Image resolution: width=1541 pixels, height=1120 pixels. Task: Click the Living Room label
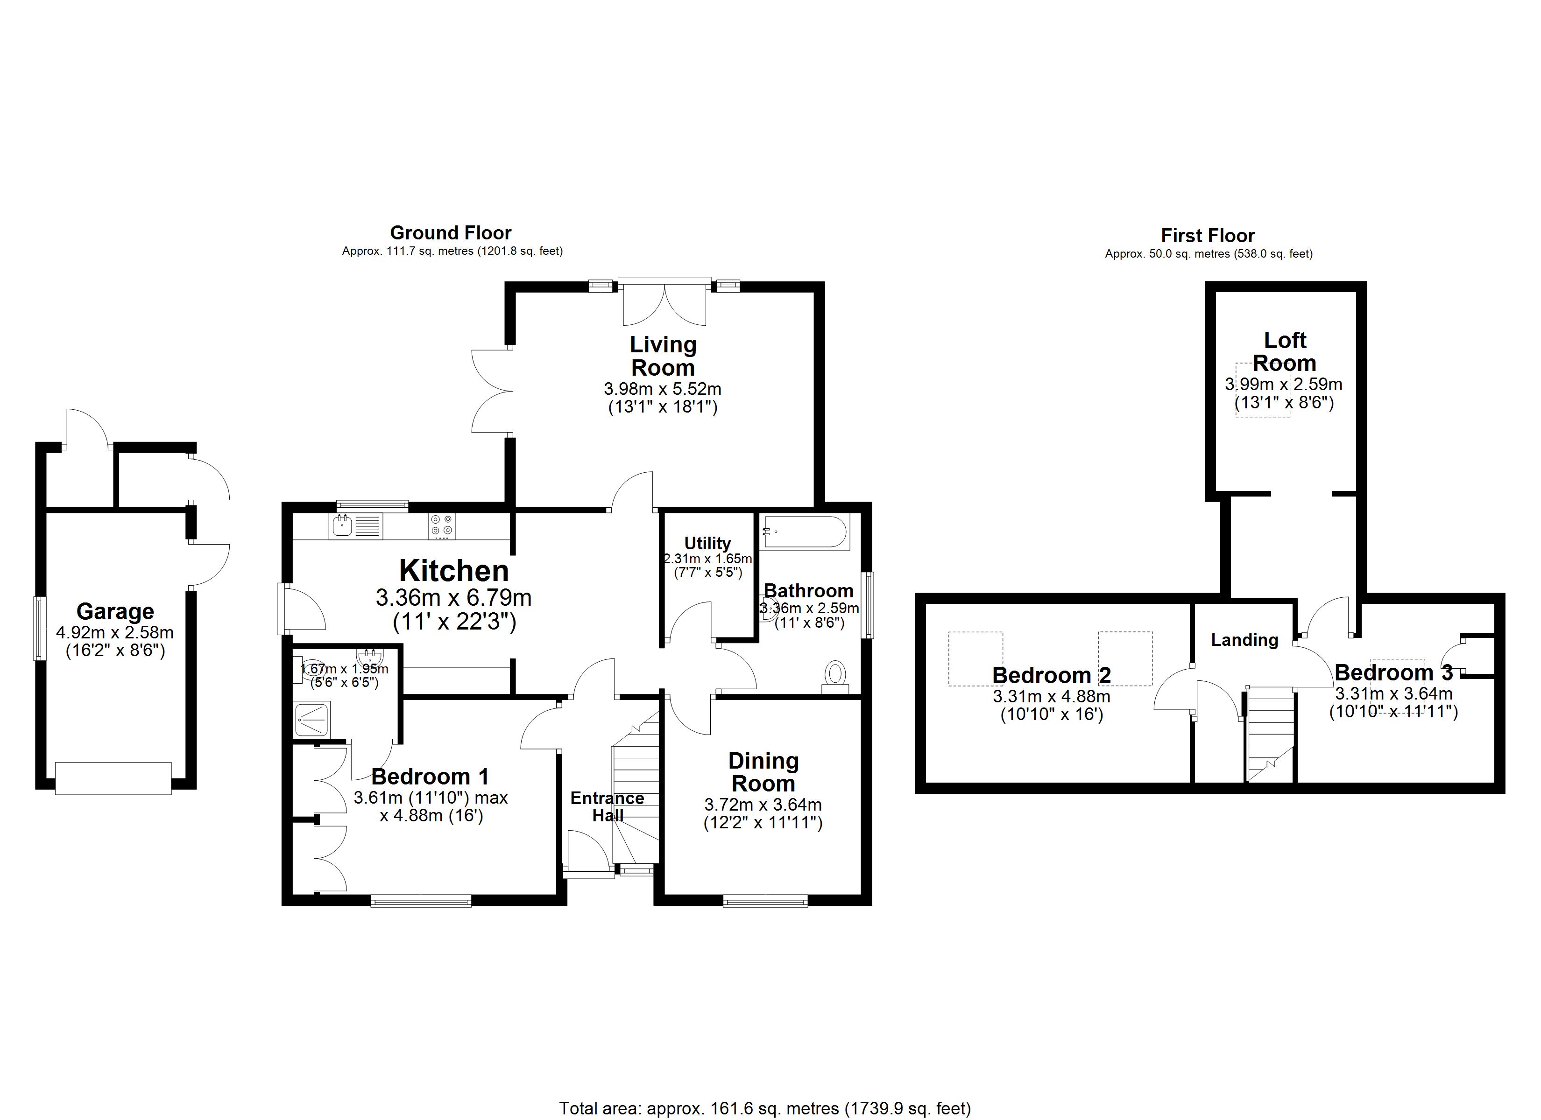663,356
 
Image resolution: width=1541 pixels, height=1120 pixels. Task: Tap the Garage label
115,611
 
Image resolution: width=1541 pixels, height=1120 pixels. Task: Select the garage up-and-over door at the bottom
113,778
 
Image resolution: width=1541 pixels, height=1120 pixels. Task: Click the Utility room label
707,543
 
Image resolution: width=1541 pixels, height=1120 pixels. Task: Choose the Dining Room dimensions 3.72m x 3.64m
763,805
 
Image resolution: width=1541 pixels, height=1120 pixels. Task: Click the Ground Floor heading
451,233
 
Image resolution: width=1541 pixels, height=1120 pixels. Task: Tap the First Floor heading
1208,236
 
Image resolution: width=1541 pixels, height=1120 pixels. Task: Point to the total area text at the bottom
764,1108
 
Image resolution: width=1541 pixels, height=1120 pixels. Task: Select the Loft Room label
1284,351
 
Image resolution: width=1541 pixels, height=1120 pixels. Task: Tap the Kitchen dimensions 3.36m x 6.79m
453,598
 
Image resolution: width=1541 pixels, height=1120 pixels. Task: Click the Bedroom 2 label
1051,675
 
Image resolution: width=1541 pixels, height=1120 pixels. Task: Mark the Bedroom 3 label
1393,672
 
